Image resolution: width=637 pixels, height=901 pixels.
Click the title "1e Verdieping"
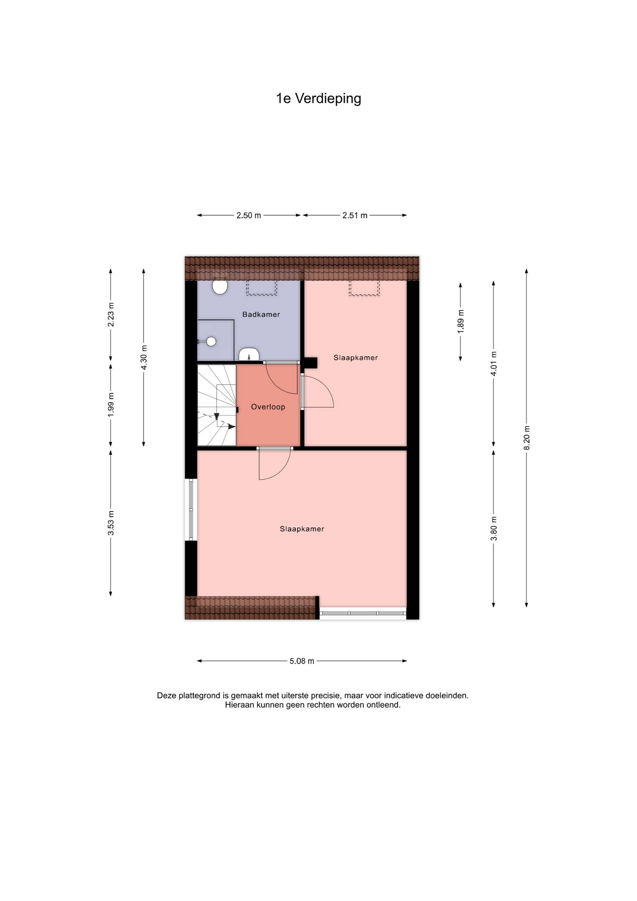[318, 99]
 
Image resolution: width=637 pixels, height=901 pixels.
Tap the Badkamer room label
[261, 314]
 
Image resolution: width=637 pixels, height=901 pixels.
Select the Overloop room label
[268, 407]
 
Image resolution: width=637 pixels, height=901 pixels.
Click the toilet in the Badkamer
[220, 286]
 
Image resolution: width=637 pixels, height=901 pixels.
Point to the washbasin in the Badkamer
[249, 354]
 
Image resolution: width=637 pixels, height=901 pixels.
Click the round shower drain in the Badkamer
[211, 342]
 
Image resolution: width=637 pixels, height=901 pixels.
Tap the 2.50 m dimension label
[249, 215]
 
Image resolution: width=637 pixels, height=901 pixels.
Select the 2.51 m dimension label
[355, 215]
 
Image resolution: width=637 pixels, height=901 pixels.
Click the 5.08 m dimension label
[302, 661]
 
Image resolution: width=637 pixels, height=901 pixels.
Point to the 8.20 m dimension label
[526, 437]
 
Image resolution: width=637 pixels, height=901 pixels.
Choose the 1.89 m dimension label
[460, 322]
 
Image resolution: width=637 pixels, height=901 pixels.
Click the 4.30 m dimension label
[144, 358]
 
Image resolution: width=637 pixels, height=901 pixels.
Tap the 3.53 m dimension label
[111, 523]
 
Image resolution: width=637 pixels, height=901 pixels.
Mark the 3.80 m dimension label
[493, 528]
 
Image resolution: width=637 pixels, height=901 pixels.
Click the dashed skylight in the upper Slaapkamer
[364, 288]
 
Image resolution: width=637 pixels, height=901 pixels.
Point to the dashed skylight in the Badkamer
[262, 288]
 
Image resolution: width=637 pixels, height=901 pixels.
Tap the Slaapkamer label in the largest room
[302, 529]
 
